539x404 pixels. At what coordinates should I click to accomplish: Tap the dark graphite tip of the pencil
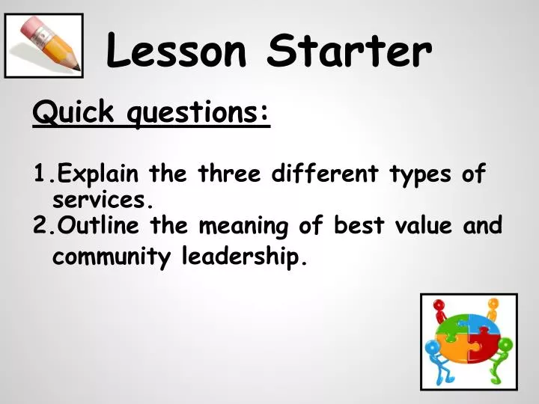76,69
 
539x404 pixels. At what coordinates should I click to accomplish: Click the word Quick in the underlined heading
73,113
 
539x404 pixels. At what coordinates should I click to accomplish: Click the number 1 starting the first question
39,175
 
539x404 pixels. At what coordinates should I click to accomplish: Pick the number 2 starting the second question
40,225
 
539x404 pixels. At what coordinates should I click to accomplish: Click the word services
102,201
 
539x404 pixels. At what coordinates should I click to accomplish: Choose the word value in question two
416,225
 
